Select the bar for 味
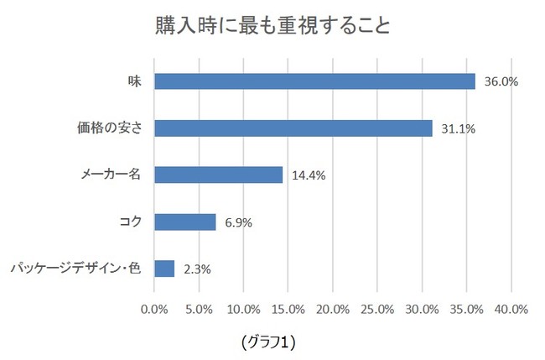pyautogui.click(x=314, y=81)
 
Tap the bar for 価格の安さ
pyautogui.click(x=293, y=128)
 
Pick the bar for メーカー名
pyautogui.click(x=219, y=175)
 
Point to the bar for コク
pyautogui.click(x=185, y=222)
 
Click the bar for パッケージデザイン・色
pyautogui.click(x=164, y=269)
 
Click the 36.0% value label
pyautogui.click(x=502, y=82)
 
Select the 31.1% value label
pyautogui.click(x=459, y=129)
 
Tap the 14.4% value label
pyautogui.click(x=309, y=176)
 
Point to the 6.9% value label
pyautogui.click(x=239, y=223)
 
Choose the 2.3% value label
pyautogui.click(x=197, y=269)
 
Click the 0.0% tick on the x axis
pyautogui.click(x=155, y=309)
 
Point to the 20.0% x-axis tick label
pyautogui.click(x=333, y=309)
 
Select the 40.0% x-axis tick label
pyautogui.click(x=511, y=309)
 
